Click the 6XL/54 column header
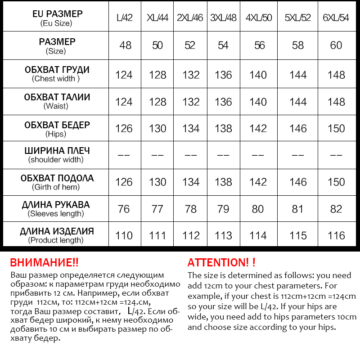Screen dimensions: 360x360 336,18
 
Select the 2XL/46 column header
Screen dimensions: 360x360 190,18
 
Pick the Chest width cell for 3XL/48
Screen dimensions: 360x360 223,75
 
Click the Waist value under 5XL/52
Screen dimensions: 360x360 298,102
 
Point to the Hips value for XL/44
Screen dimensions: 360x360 157,129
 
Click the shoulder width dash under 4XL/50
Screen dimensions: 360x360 258,155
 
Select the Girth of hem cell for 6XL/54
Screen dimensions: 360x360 336,182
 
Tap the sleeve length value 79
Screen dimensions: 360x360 223,209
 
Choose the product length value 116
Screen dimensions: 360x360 336,236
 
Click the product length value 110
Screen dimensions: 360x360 124,236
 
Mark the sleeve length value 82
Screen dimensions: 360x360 336,209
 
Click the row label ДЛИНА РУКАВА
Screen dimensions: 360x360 56,205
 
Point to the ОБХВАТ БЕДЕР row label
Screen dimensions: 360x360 57,125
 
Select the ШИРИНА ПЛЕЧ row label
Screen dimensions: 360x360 56,151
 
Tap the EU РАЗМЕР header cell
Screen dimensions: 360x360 56,14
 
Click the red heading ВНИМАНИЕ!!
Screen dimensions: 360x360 44,262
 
